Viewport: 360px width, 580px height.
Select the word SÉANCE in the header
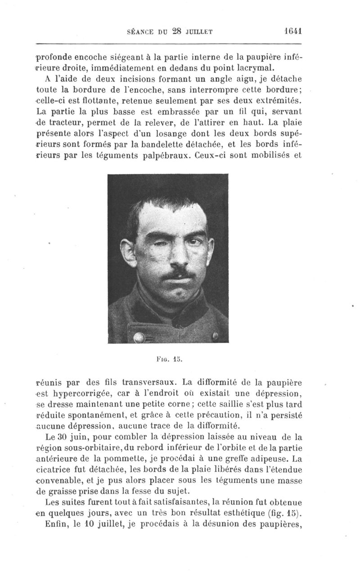point(140,31)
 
